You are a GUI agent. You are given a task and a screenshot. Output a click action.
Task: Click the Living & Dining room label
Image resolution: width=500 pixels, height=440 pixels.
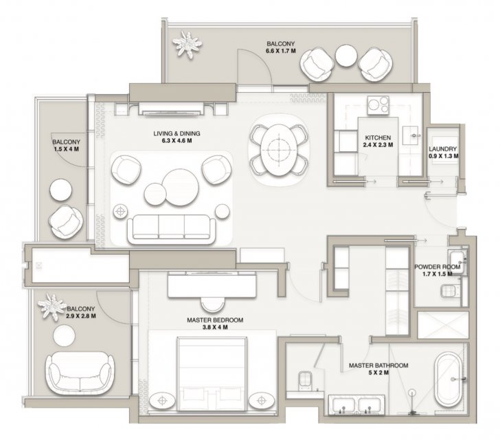[177, 137]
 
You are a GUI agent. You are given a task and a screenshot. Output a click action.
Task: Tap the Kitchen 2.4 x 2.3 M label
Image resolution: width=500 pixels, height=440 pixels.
[378, 141]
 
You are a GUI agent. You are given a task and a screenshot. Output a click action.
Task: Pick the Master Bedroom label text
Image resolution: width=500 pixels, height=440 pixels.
[215, 320]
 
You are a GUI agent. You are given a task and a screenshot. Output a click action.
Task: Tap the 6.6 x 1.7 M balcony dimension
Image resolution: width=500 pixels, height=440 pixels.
[281, 50]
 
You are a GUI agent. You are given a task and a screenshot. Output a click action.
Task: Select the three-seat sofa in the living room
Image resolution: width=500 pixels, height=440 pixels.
[172, 229]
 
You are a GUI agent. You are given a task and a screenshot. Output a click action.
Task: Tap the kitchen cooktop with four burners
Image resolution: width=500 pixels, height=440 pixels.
[378, 105]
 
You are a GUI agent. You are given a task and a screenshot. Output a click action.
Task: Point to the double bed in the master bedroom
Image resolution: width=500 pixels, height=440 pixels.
[212, 373]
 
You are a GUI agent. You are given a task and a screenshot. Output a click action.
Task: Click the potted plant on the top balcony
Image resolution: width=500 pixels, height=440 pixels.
[187, 45]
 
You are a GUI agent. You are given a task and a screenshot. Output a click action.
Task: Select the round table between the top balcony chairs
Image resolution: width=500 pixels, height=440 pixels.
[346, 55]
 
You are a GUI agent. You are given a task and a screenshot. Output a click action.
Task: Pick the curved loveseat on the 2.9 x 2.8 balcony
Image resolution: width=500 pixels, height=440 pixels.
[80, 373]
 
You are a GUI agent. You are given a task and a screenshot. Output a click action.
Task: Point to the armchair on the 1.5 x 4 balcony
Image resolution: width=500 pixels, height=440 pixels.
[66, 221]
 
